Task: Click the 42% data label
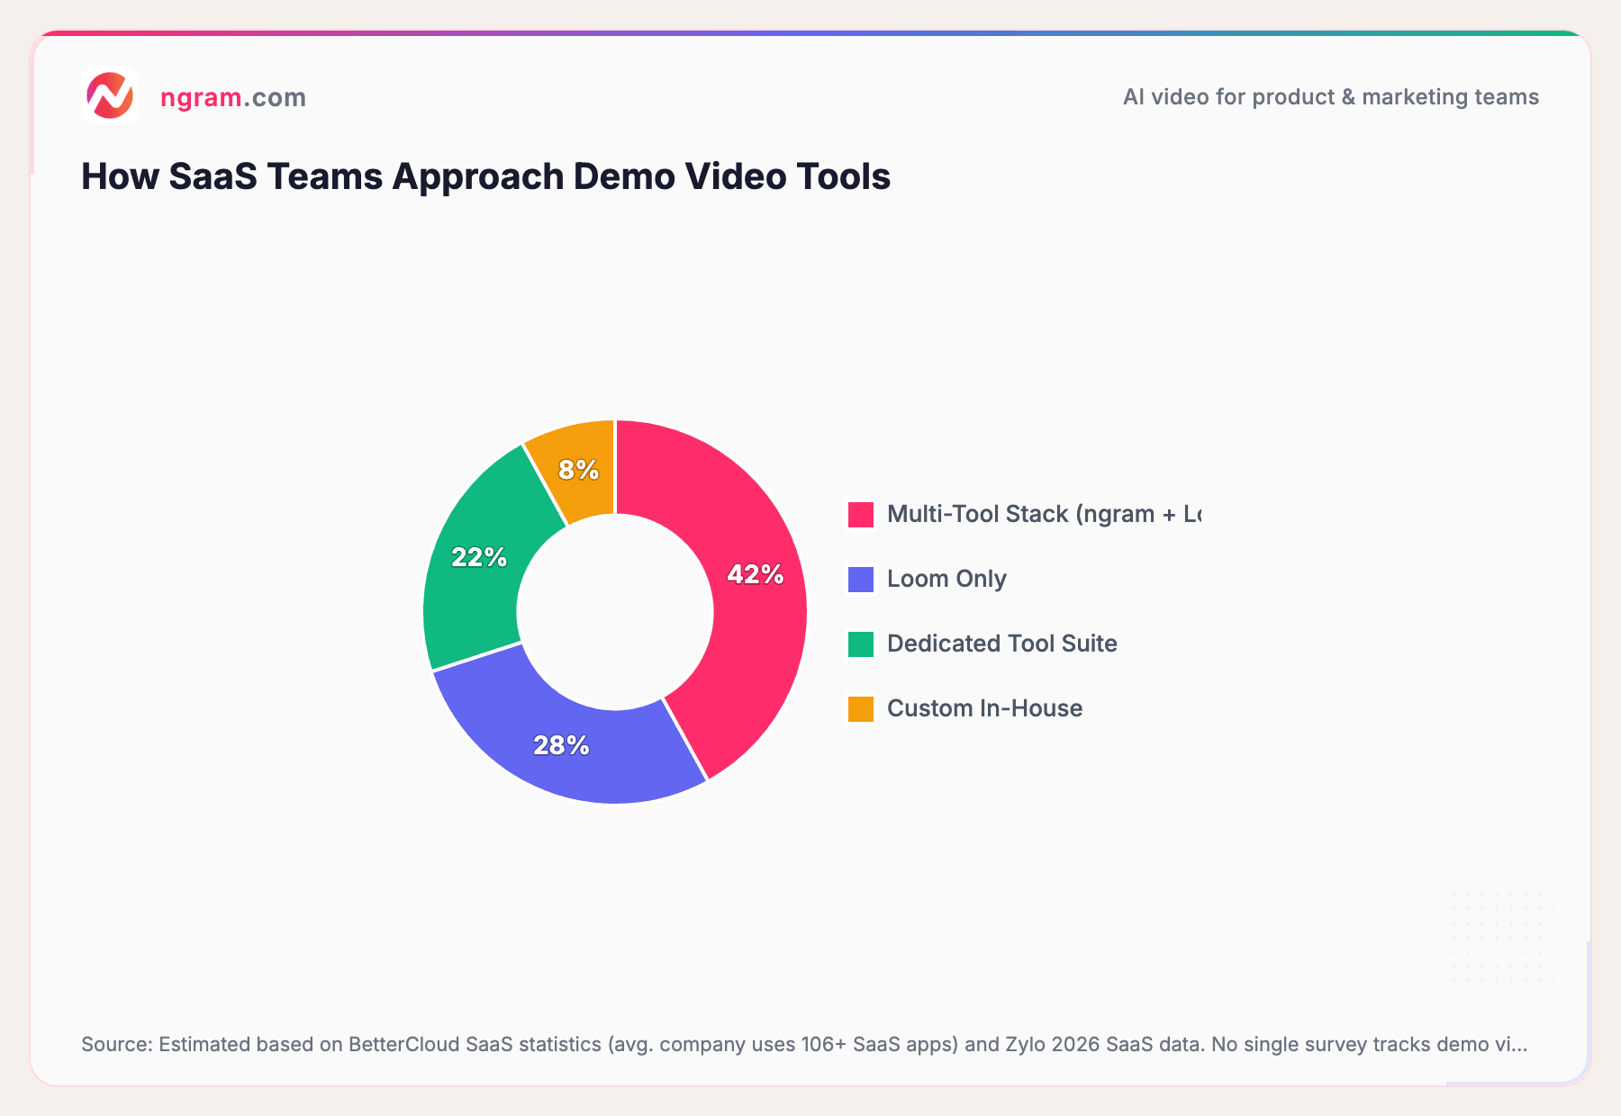point(756,574)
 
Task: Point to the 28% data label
point(561,745)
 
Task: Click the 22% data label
point(479,558)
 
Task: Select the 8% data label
point(578,470)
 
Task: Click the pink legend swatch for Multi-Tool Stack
point(861,515)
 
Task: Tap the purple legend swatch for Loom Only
point(861,580)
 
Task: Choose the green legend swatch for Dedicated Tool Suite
point(861,644)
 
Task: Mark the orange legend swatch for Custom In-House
point(861,709)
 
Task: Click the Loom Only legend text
point(946,579)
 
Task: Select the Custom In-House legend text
point(984,708)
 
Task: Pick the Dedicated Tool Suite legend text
point(1001,643)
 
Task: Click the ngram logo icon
point(110,95)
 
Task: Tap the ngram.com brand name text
point(233,97)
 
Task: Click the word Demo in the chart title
point(624,176)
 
